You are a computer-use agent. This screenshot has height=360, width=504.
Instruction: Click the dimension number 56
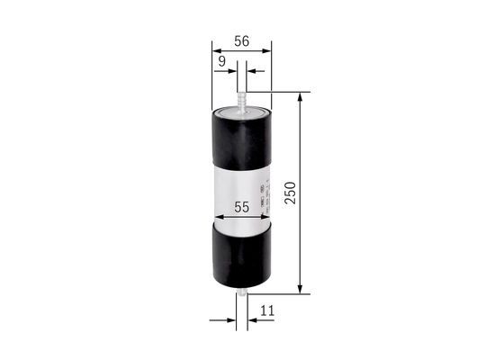tap(241, 41)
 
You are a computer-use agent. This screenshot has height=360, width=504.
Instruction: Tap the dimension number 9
tap(221, 60)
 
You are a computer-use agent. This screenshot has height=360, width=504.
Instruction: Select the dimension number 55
tap(241, 206)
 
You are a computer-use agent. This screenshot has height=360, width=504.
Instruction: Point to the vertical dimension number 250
tap(290, 192)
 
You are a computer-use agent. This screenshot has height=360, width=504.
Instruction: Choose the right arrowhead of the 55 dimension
tap(266, 217)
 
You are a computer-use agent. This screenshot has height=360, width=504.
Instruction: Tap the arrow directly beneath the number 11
tap(253, 319)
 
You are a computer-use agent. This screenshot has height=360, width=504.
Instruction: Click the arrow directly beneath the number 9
tap(231, 70)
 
